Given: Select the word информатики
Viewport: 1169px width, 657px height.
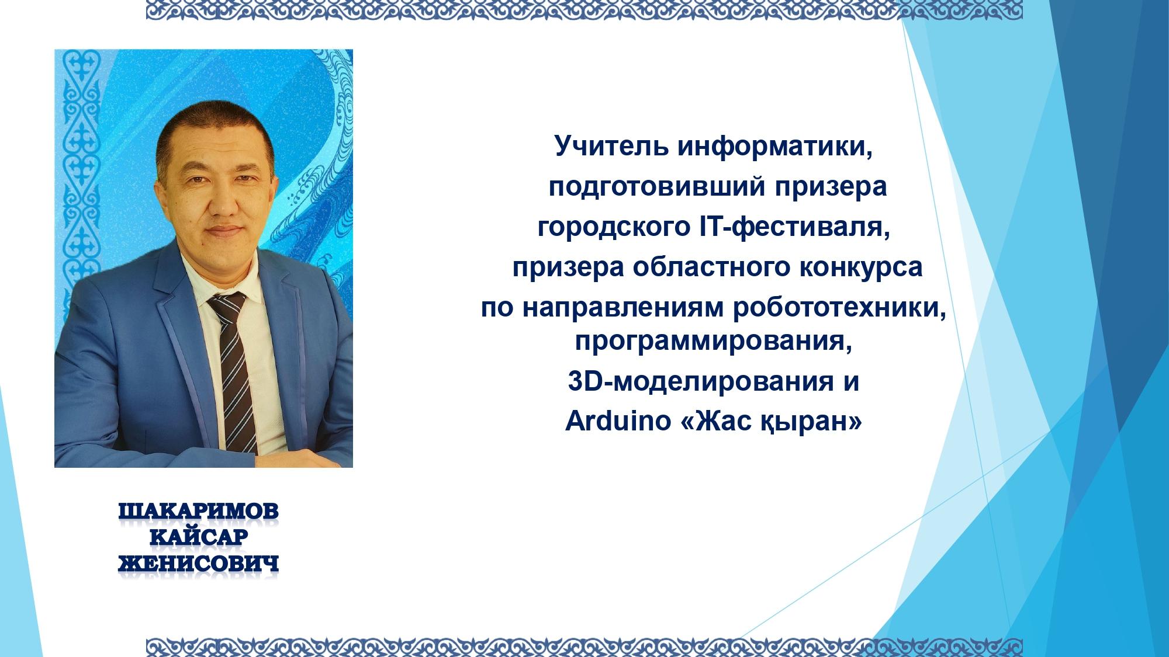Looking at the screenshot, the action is point(776,147).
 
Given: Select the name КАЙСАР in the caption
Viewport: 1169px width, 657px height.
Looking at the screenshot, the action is point(199,538).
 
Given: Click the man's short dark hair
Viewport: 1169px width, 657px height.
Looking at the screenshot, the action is point(216,131).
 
